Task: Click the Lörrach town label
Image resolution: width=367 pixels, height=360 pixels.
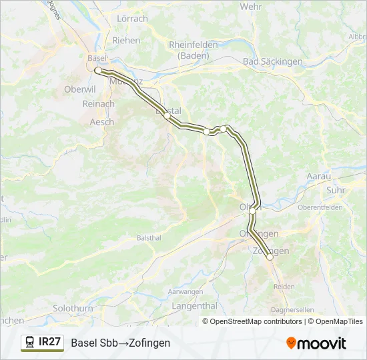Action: pos(132,19)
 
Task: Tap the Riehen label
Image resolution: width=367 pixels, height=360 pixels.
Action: pos(126,40)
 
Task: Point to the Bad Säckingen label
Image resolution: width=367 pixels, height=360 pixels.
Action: pos(273,61)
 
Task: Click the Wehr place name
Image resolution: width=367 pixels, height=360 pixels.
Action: pos(251,6)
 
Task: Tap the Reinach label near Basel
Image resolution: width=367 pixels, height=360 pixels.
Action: pos(98,104)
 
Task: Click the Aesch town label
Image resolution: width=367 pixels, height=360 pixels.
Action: pos(101,122)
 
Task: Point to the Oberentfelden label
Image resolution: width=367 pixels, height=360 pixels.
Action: pos(320,207)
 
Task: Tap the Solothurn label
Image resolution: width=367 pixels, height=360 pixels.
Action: pos(73,309)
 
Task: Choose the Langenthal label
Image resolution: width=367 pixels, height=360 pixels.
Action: pos(195,306)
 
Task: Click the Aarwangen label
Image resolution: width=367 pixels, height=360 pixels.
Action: pos(185,292)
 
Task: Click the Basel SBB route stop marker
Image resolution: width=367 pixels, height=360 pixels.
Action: pos(98,70)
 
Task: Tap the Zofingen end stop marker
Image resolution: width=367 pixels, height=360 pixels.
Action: pos(270,257)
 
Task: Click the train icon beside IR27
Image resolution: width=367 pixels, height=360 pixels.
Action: pos(30,342)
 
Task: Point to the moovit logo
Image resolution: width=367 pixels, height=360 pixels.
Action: pos(316,343)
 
